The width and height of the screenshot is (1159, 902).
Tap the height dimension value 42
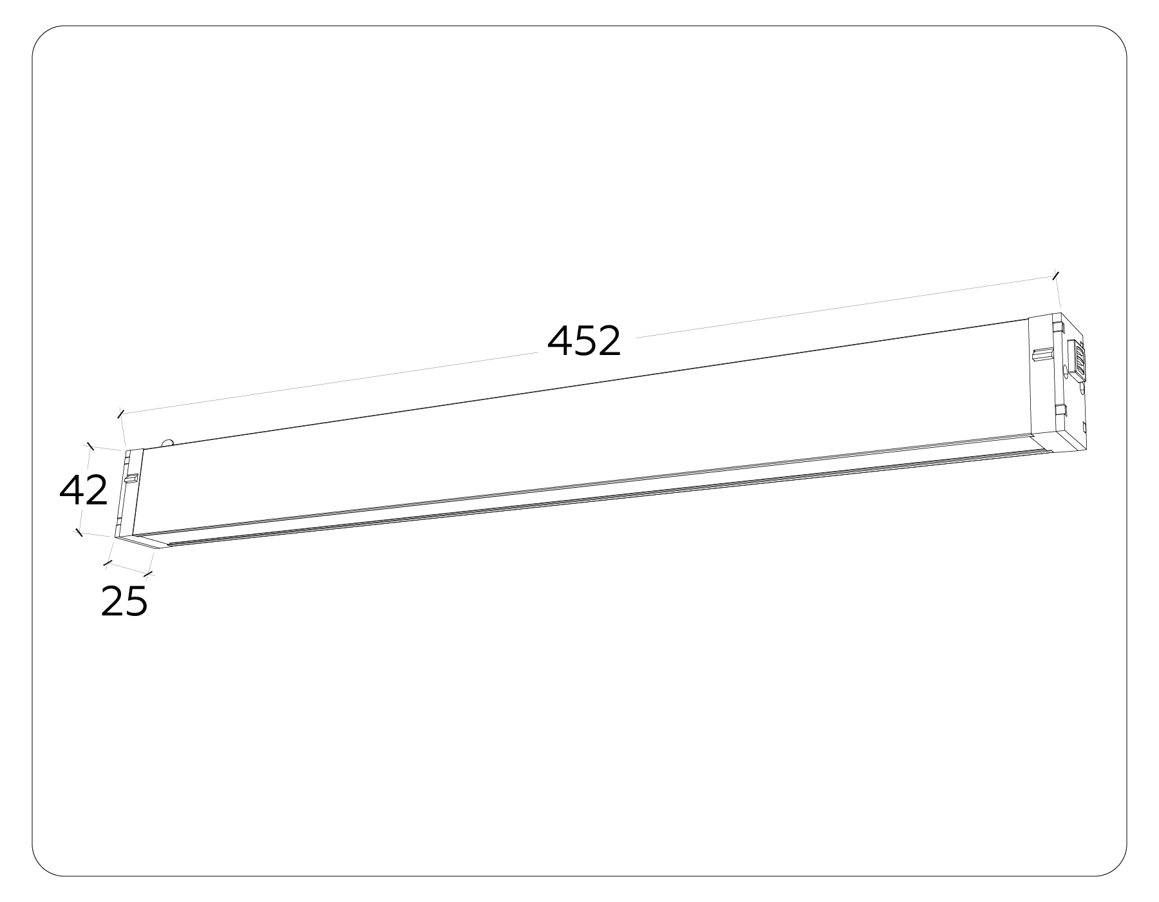(x=84, y=491)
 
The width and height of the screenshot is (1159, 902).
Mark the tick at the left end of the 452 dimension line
(x=120, y=413)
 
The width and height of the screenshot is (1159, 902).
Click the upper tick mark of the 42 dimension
(x=90, y=445)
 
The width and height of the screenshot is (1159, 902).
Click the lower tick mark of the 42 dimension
(x=79, y=532)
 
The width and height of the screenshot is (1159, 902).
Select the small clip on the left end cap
(x=131, y=479)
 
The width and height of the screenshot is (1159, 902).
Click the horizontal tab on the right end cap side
(x=1043, y=354)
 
